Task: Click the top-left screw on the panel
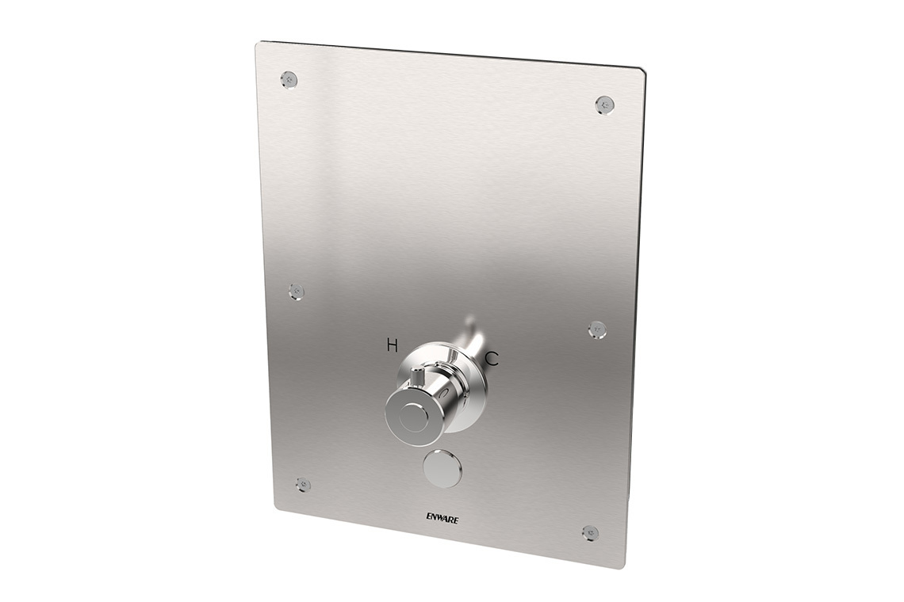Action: tap(289, 78)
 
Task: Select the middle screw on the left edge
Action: tap(297, 290)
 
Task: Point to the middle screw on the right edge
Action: tap(597, 328)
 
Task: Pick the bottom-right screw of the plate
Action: tap(589, 532)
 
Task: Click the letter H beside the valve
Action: tap(392, 344)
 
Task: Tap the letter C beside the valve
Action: tap(492, 359)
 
